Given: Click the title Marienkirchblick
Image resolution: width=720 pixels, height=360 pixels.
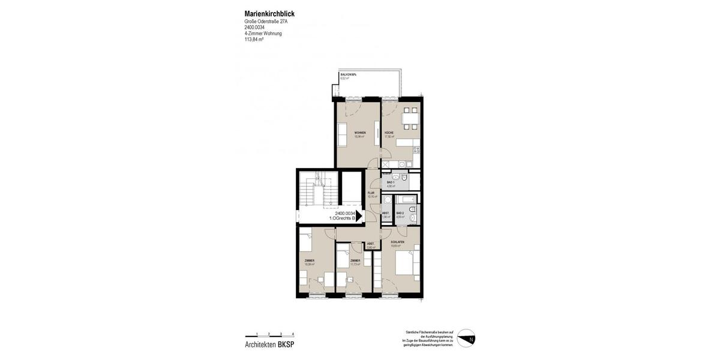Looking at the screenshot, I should (x=269, y=14).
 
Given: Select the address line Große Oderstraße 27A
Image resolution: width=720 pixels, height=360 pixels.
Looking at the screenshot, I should (x=266, y=22).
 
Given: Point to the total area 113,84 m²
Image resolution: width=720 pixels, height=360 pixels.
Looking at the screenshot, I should (x=254, y=40).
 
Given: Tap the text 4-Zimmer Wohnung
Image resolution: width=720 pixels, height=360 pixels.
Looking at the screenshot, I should (x=263, y=34).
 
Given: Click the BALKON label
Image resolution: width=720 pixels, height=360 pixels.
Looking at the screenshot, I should (x=348, y=74).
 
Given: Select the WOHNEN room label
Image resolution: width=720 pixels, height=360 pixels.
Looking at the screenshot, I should (x=359, y=133).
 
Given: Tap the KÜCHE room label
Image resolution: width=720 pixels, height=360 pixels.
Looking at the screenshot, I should (x=389, y=133).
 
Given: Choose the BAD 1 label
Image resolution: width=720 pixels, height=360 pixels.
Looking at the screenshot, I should (x=391, y=182).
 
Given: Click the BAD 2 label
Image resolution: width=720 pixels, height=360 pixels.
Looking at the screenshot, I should (x=400, y=213).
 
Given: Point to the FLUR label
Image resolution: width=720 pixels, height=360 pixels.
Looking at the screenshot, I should (x=371, y=193).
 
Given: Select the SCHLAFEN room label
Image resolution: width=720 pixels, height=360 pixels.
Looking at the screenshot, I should (x=397, y=242).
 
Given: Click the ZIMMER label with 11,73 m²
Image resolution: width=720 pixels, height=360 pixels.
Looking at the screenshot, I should (x=355, y=261).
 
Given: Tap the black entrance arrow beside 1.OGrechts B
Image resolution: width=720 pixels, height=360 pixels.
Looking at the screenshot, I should (x=360, y=216).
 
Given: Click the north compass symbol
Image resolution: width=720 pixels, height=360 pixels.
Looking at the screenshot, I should (x=466, y=338).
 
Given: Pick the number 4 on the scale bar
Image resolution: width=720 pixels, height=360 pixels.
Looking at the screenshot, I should (x=293, y=333).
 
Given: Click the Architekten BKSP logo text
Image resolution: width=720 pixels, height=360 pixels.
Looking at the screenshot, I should (x=269, y=344).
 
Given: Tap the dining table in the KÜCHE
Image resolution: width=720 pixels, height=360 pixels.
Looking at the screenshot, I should (x=410, y=119).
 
